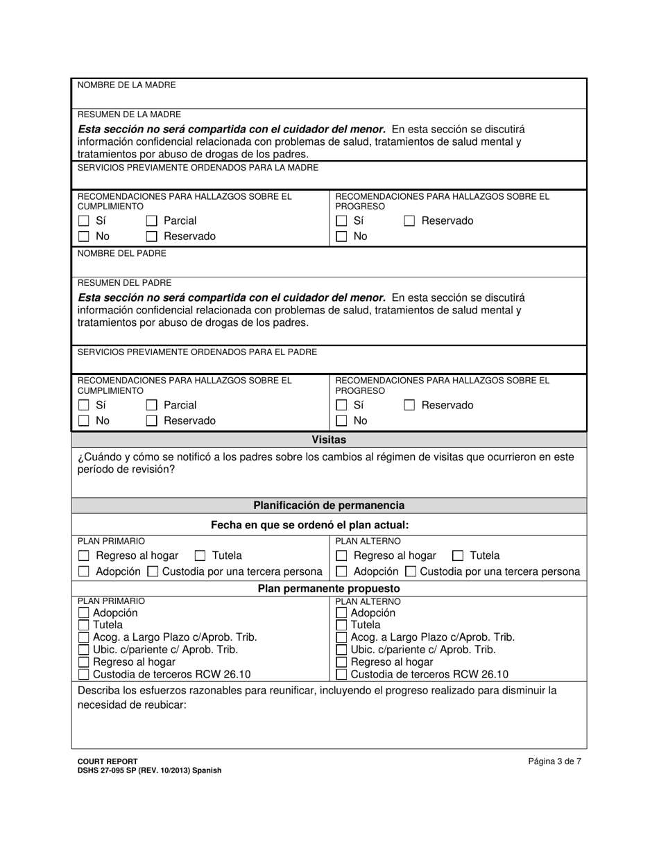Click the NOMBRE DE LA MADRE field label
point(126,85)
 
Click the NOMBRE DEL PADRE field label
point(121,254)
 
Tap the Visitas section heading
point(329,440)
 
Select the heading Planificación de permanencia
point(329,506)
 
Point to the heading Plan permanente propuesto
point(329,589)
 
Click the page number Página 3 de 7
point(554,761)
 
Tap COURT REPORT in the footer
point(108,761)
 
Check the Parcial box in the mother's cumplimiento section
point(152,221)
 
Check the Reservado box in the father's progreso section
point(409,406)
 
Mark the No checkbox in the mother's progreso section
point(341,236)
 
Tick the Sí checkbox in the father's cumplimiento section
point(84,406)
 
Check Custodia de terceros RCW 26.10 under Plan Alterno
point(341,674)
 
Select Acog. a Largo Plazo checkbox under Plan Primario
point(84,637)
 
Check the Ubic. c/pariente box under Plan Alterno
point(341,650)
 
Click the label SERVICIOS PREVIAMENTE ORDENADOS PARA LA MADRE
point(198,168)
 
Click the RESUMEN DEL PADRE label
point(124,283)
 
